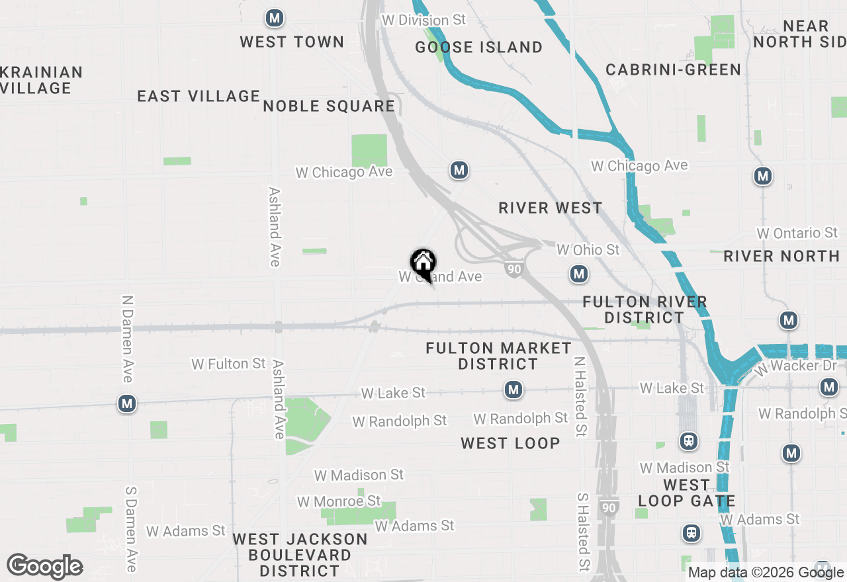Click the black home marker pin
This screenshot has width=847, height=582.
[x=423, y=264]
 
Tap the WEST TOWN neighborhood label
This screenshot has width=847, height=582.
[x=292, y=42]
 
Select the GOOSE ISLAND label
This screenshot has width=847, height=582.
[x=478, y=47]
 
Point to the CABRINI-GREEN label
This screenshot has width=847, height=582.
[x=673, y=69]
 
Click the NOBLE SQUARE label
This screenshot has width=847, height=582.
[x=329, y=106]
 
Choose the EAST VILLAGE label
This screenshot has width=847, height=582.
[x=199, y=96]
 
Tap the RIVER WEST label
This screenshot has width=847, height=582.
[x=551, y=208]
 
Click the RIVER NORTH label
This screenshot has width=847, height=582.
[x=781, y=256]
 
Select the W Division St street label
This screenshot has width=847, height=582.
[x=423, y=21]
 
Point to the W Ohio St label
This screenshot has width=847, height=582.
[x=588, y=249]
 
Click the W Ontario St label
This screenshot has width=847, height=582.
[x=797, y=233]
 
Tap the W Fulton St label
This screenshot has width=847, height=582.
[x=228, y=364]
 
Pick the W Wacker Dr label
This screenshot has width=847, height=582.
[x=794, y=366]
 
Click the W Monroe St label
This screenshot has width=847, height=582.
[x=339, y=501]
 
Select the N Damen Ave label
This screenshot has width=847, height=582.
[x=127, y=339]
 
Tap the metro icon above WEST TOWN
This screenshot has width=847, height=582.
[x=275, y=19]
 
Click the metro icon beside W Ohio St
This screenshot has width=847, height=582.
[x=579, y=274]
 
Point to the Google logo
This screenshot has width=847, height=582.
[x=44, y=567]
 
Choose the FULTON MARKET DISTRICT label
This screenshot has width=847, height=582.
[x=498, y=356]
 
